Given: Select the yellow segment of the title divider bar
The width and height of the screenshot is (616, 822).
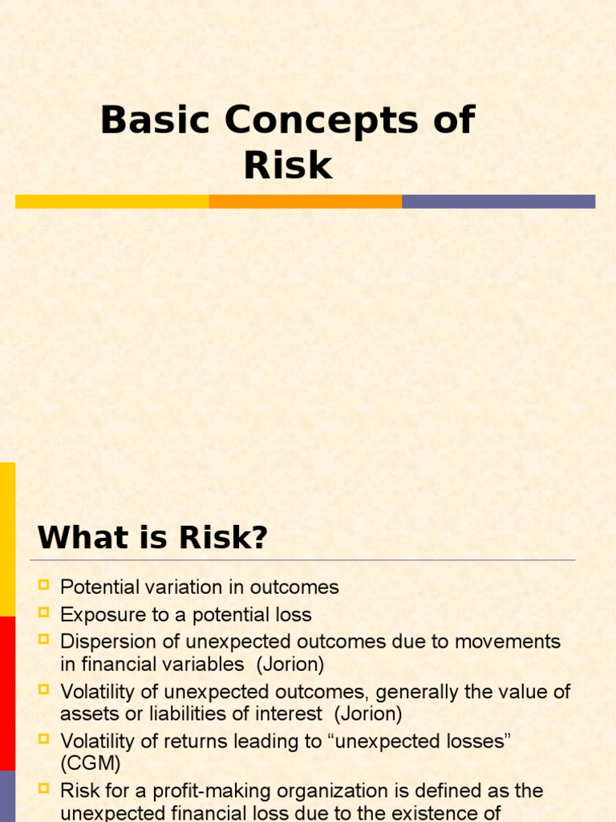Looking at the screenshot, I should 112,201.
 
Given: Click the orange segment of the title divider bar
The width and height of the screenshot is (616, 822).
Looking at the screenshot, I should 306,201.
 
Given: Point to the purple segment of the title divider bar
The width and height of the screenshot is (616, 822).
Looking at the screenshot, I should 498,201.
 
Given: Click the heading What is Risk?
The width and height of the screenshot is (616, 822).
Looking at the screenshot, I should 152,537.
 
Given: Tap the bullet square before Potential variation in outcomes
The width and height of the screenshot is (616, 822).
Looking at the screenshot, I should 44,585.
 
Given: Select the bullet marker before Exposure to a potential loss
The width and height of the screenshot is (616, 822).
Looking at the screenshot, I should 44,613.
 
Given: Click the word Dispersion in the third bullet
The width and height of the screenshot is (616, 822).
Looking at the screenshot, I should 103,641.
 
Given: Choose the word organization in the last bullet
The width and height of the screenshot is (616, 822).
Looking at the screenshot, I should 322,791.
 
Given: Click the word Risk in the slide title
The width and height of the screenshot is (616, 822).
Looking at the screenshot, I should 288,165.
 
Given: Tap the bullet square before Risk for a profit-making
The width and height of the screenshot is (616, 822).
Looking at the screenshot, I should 44,789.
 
